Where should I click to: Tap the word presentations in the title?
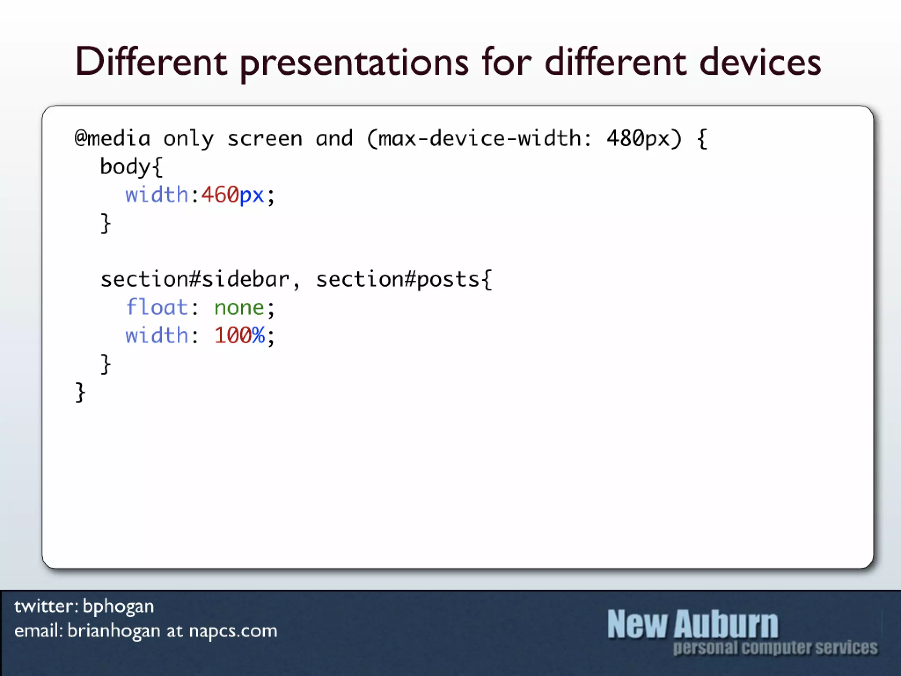(354, 64)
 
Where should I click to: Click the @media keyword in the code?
(113, 139)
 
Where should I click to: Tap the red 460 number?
(220, 195)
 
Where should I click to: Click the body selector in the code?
(125, 167)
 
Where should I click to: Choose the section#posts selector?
(398, 279)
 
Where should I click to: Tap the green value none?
(239, 308)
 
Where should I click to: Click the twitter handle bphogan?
(118, 606)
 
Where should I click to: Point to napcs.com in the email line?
(233, 631)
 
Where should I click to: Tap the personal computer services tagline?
(775, 648)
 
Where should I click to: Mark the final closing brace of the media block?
(80, 392)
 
